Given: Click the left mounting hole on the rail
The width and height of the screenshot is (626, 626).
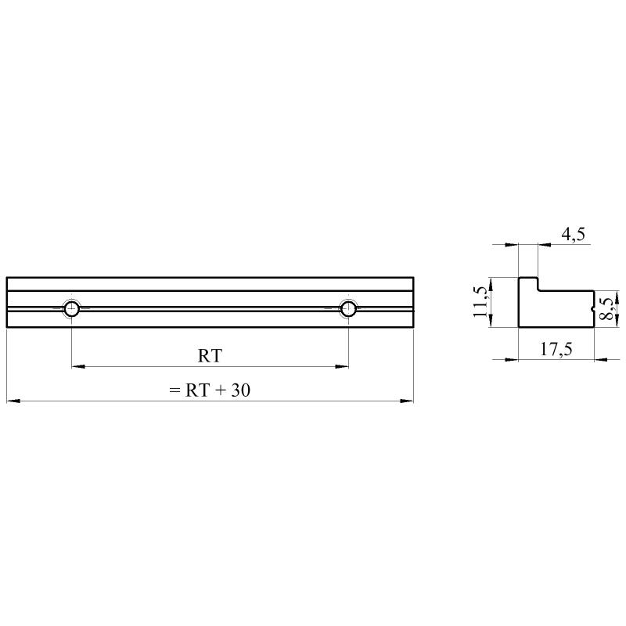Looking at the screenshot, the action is (72, 308).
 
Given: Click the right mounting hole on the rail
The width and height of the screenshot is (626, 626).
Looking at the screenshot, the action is (348, 308).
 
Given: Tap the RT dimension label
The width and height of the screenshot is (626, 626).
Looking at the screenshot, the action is (210, 356).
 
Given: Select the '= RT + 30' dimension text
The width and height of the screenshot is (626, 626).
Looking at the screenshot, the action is (210, 390).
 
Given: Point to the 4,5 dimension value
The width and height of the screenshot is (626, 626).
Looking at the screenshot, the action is (574, 234).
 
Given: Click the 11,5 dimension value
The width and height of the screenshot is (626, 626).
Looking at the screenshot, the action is (480, 302).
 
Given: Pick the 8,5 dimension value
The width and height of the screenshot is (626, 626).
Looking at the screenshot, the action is (607, 308).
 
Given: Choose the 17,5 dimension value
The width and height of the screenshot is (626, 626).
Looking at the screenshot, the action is (556, 349).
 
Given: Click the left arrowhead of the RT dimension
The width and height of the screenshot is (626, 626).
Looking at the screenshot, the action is (78, 366).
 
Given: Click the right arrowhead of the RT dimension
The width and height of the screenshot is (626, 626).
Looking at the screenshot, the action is (342, 366).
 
